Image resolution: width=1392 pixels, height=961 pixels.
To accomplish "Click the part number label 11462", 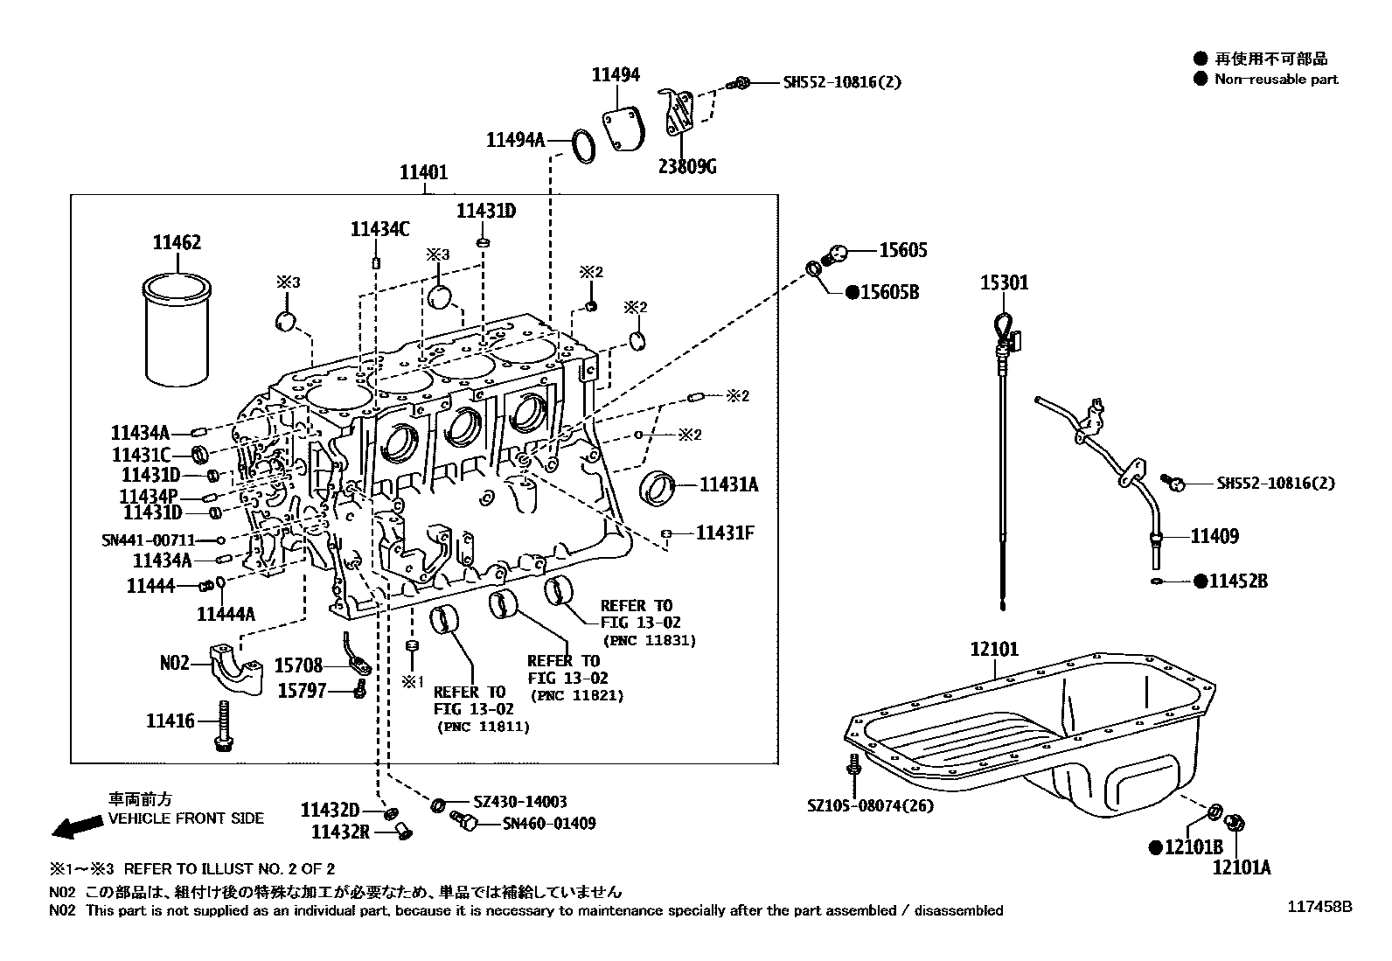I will pos(177,242).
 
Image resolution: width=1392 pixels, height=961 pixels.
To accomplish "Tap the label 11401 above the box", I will pos(424,173).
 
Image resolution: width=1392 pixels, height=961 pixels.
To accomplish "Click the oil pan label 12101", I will pos(994,650).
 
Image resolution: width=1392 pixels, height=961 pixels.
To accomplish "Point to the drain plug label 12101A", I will pos(1241,867).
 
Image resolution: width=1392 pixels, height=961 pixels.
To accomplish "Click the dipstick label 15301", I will pos(1004,282).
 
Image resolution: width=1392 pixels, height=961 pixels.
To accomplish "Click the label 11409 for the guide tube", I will pos(1214,536).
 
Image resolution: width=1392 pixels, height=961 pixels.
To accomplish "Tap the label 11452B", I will pos(1237,581).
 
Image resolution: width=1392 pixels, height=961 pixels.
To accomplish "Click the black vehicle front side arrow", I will pos(75,826).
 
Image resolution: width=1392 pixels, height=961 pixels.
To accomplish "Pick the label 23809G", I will pos(687,166).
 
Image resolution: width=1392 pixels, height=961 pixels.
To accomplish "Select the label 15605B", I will pos(888,292).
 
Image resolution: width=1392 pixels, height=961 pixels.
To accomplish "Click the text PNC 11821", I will pos(576,696).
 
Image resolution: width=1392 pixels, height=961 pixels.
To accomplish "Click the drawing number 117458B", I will pos(1319,908).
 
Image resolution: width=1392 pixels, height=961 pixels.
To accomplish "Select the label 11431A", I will pos(728,484).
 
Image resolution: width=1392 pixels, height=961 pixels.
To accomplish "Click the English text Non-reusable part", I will pos(1276,79).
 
